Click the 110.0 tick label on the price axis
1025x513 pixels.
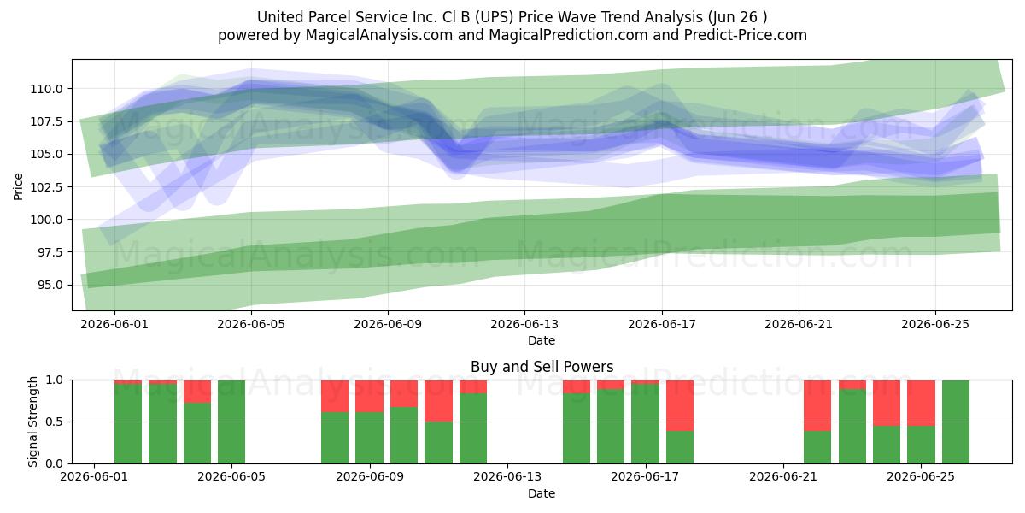46,89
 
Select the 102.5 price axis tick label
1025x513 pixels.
46,187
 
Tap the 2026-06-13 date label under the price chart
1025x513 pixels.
524,324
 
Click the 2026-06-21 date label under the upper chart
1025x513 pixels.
799,324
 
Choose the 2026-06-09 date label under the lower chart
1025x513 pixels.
370,477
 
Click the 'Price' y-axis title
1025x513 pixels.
18,187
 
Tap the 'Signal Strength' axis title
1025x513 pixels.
32,422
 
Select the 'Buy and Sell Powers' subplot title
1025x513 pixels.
542,367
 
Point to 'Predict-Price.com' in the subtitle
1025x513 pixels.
746,35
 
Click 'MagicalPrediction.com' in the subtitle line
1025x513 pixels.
568,35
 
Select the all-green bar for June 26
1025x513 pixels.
956,422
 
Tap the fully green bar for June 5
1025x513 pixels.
231,422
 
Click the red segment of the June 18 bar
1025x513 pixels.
680,405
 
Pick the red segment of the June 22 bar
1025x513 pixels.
817,405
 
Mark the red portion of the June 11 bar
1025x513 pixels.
438,401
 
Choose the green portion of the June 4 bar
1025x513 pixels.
197,433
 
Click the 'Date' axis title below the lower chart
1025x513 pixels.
542,493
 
